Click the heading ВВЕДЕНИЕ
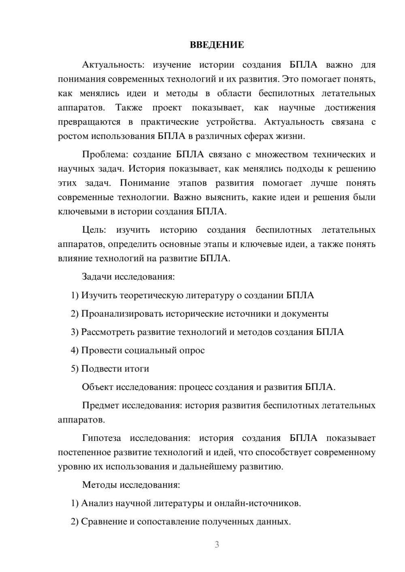217,45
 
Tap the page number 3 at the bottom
217,544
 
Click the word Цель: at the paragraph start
94,230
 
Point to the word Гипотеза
101,438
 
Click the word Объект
98,387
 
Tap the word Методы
97,485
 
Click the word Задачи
97,277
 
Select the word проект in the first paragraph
167,108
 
